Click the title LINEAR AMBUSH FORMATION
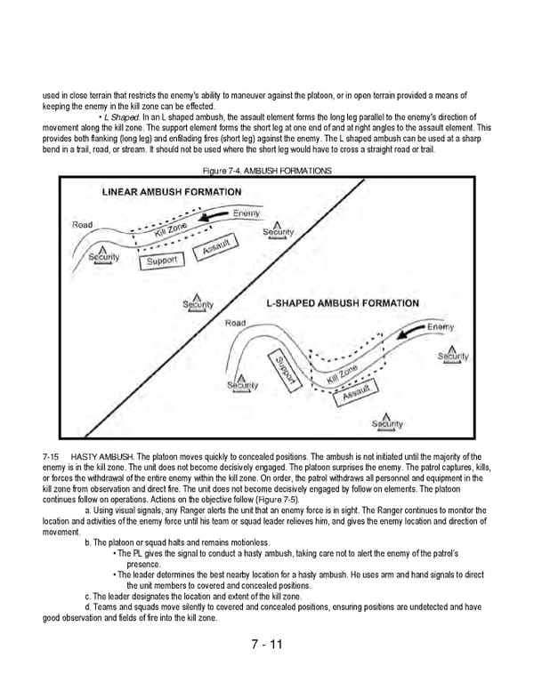pos(171,191)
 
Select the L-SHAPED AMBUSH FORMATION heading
pos(343,303)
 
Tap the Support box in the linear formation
pos(162,261)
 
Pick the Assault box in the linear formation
pos(216,250)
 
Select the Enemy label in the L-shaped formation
pos(441,327)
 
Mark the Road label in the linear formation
pos(83,225)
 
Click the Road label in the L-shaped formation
pos(236,322)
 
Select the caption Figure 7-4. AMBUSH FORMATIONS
pos(267,170)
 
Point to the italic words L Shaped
pos(120,117)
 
